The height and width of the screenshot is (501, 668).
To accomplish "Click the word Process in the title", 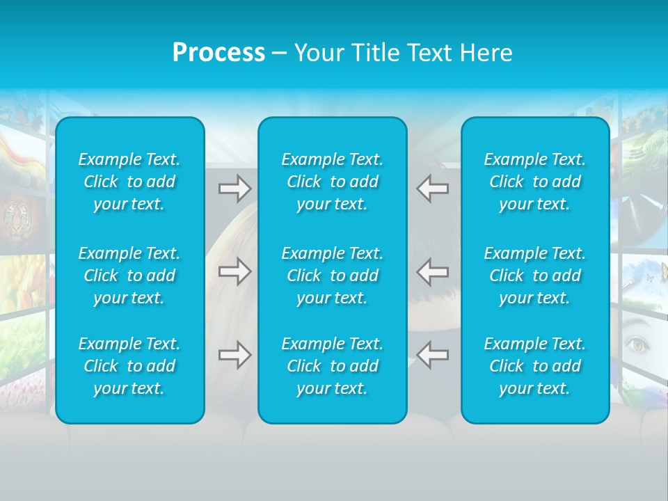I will click(218, 53).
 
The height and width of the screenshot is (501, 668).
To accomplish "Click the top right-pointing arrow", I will click(235, 189).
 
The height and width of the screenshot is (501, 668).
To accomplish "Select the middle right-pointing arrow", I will click(235, 271).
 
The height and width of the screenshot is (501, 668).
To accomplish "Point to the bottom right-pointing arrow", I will click(235, 355).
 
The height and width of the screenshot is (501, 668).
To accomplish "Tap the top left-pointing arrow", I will click(432, 189).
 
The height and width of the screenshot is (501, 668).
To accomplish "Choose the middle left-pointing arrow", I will click(432, 271).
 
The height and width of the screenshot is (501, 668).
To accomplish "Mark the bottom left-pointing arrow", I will click(432, 355).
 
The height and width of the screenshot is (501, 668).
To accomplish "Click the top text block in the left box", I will click(129, 182).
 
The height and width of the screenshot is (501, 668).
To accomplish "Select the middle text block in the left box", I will click(129, 276).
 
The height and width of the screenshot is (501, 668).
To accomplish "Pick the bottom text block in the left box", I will click(129, 366).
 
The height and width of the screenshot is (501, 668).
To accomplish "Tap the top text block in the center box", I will click(333, 182).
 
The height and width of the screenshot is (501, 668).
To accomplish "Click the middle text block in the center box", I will click(333, 276).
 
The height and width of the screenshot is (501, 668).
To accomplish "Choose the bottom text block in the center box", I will click(333, 366).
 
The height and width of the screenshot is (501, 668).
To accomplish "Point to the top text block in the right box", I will click(535, 182).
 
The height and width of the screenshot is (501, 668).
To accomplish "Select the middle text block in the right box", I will click(535, 276).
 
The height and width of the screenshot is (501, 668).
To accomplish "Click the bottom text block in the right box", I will click(535, 366).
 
